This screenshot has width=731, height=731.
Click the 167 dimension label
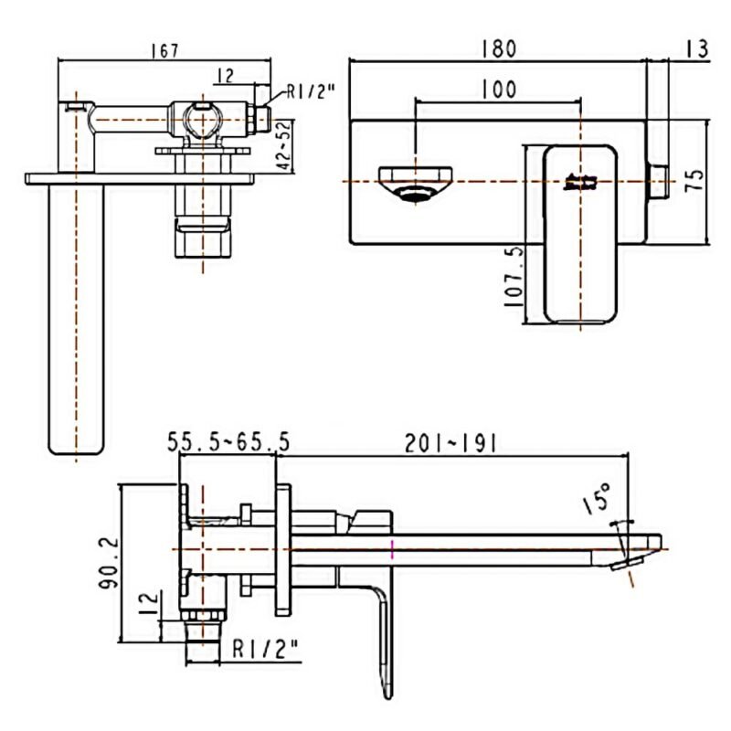point(165,50)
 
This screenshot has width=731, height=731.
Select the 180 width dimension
point(499,49)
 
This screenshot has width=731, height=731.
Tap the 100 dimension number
point(499,89)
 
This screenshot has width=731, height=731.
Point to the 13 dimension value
point(697,49)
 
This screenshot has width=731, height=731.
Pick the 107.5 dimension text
point(514,277)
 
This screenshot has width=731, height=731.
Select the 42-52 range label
point(284,145)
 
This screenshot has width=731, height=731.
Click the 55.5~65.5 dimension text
point(228,442)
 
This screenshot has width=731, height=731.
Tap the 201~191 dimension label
point(450,443)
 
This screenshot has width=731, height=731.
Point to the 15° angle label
point(598,498)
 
